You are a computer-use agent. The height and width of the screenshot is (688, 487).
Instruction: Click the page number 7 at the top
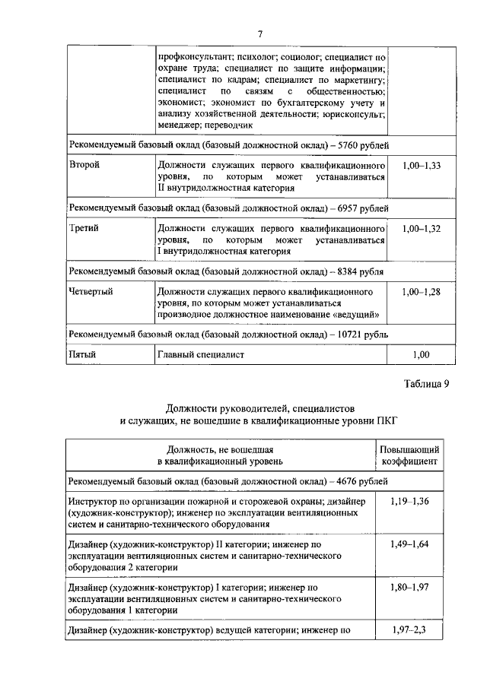pos(259,34)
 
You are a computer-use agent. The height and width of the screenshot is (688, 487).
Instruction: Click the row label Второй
pos(84,165)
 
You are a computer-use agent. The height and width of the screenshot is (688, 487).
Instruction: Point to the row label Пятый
pos(83,354)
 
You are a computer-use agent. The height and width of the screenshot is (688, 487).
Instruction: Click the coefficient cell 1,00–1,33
pos(420,165)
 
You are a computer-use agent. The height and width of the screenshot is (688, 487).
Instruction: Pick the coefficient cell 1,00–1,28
pos(420,291)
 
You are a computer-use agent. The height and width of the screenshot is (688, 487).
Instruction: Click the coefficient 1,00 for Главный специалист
pos(420,354)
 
